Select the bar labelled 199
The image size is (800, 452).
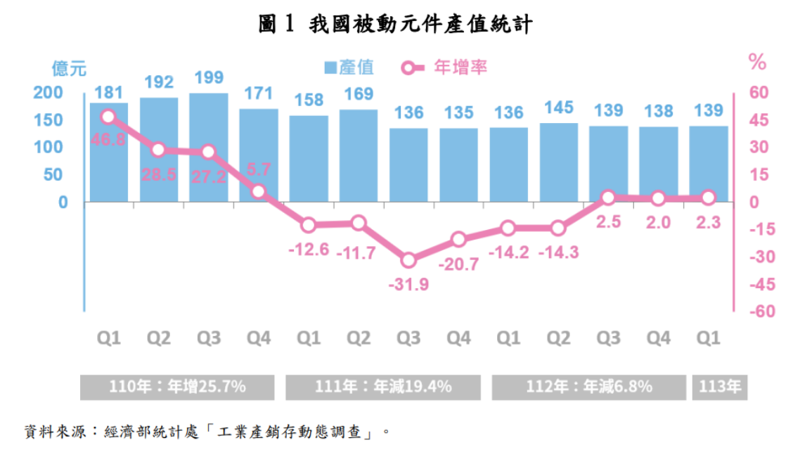point(209,148)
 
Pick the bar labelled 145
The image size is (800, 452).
point(559,162)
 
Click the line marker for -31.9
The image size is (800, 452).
point(408,261)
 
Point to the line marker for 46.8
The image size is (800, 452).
point(108,117)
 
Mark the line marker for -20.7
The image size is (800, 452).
point(458,240)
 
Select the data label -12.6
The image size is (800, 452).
point(308,250)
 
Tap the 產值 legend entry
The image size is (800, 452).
point(349,67)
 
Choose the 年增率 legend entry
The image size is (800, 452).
point(444,67)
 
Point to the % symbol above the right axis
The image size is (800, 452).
point(757,63)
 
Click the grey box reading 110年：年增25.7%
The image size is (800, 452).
point(177,387)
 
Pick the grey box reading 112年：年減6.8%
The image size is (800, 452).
point(589,387)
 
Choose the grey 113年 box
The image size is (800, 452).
point(721,387)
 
